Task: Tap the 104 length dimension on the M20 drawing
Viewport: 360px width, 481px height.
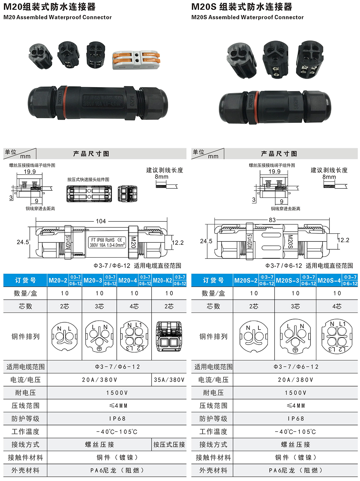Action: tap(101, 221)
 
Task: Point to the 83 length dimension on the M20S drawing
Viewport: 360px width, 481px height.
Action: tap(272, 220)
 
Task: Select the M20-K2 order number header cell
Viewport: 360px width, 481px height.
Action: tap(162, 280)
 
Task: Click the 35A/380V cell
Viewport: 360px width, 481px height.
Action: tap(169, 380)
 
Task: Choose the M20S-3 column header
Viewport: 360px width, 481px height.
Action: tap(288, 280)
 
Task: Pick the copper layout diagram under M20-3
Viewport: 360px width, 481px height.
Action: tap(99, 336)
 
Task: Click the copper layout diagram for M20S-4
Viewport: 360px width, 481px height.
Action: tap(337, 336)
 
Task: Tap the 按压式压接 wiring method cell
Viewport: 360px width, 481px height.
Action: tap(169, 445)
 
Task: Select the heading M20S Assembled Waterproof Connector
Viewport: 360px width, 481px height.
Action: tap(247, 17)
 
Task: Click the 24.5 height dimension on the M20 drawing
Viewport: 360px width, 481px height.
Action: tap(23, 242)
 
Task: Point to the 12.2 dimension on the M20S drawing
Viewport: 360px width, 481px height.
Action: tap(343, 240)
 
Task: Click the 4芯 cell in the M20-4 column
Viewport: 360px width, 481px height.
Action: tap(134, 306)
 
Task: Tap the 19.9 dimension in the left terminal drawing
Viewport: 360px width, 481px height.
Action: tap(30, 172)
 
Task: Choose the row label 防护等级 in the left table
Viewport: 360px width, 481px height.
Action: tap(25, 419)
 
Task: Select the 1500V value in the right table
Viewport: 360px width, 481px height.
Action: tap(295, 393)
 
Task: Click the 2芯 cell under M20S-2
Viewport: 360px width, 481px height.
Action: tap(254, 306)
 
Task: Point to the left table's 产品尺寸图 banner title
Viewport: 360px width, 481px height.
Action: tap(91, 154)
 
